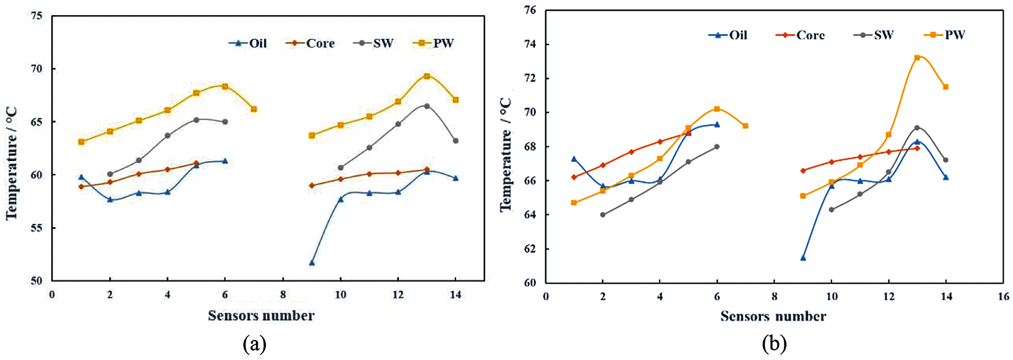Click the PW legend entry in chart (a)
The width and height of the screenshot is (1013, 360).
(434, 43)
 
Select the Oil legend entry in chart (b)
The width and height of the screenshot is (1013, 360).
(728, 35)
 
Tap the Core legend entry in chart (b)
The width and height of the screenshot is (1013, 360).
(801, 35)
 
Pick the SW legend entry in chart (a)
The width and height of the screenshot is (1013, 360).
(374, 43)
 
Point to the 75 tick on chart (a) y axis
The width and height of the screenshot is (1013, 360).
(37, 16)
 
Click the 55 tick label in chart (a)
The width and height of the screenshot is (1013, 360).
(37, 228)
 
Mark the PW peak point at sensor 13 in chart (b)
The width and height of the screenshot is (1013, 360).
(917, 58)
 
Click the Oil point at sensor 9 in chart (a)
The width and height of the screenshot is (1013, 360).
(312, 263)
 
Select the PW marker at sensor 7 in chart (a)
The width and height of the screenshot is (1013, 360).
(254, 109)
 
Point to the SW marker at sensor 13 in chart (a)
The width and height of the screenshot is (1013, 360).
(427, 106)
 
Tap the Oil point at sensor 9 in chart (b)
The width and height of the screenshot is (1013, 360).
(803, 258)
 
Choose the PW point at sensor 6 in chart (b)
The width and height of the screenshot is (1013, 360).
(717, 109)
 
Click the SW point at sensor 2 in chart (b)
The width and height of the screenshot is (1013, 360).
(603, 215)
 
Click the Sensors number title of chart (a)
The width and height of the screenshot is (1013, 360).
(261, 316)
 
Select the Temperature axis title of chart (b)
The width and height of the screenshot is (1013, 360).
(506, 155)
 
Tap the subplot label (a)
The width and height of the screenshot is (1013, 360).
(255, 344)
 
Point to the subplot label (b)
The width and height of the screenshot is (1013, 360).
(774, 344)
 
